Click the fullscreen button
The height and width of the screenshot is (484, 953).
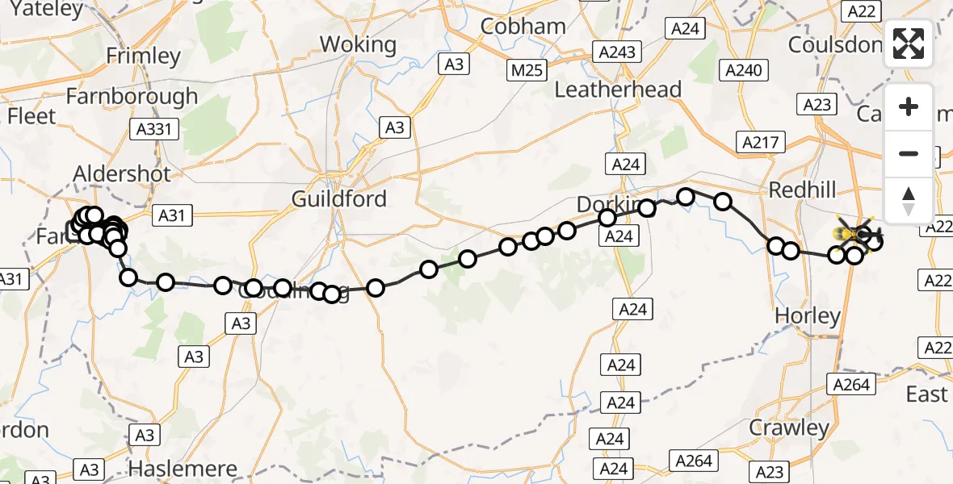[909, 44]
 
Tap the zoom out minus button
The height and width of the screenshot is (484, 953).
[909, 153]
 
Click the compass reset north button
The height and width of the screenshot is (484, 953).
[909, 200]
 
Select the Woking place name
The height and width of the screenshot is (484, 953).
[358, 44]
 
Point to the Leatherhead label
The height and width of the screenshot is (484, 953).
[619, 90]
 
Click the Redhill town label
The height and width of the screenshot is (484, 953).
[803, 189]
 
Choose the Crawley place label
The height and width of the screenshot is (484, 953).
[789, 428]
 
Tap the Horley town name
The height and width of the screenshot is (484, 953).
[808, 316]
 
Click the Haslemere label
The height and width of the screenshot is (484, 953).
[183, 469]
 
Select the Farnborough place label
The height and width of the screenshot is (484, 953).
[132, 96]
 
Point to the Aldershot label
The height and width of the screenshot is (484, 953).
[122, 174]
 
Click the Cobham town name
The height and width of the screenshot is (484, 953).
[523, 26]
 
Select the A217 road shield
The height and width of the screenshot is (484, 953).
[761, 143]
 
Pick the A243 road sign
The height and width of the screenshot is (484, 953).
[618, 52]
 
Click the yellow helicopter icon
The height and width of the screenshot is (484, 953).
[853, 234]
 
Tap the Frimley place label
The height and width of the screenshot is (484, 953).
[144, 56]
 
